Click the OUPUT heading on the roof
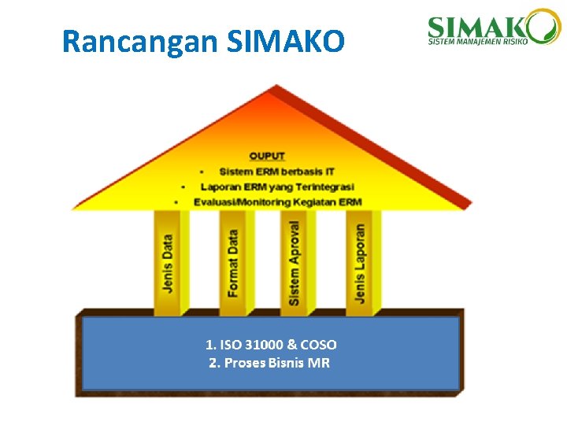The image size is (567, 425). point(267,156)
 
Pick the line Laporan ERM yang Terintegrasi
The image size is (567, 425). point(277,187)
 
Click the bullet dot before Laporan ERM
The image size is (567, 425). point(183,187)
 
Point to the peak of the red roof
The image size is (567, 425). point(272,87)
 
